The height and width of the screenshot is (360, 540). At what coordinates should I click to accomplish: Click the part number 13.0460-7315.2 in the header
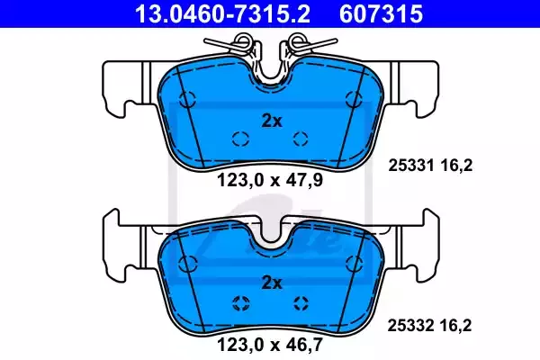222,13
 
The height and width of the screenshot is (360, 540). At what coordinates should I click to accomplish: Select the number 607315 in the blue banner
381,13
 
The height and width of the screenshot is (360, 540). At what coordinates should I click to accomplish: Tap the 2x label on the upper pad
272,121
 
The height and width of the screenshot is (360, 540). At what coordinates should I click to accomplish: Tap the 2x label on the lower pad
272,283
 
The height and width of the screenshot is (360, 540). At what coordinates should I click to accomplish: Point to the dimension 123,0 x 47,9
270,180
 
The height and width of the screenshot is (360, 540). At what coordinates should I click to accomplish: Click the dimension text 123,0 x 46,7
270,345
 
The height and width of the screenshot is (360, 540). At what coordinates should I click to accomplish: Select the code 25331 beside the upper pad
411,166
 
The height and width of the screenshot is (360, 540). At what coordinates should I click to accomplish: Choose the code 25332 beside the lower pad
410,326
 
